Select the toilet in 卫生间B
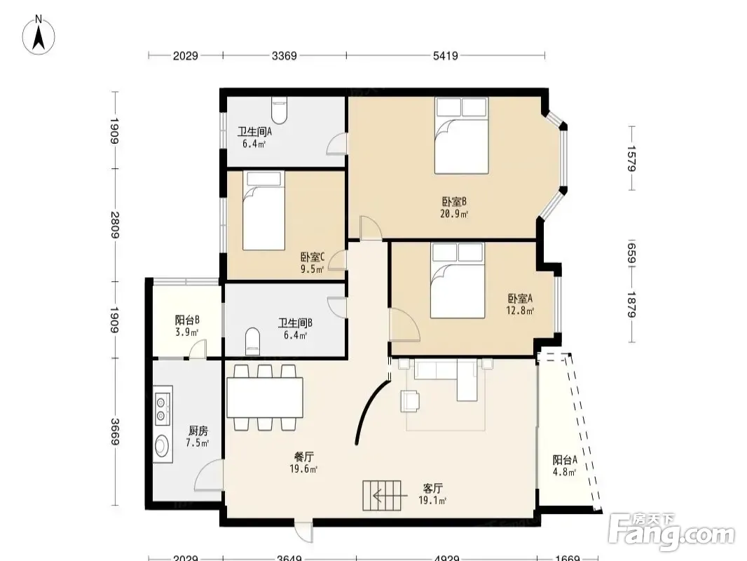pyautogui.click(x=252, y=342)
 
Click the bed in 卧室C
pyautogui.click(x=263, y=210)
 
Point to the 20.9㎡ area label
pyautogui.click(x=453, y=214)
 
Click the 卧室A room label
pyautogui.click(x=520, y=298)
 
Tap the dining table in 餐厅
pyautogui.click(x=265, y=398)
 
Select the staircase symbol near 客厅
pyautogui.click(x=382, y=496)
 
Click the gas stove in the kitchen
pyautogui.click(x=163, y=405)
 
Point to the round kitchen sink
pyautogui.click(x=162, y=446)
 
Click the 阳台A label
pyautogui.click(x=565, y=459)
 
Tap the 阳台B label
pyautogui.click(x=186, y=320)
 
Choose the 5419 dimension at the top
pyautogui.click(x=446, y=56)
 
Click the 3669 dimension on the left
pyautogui.click(x=115, y=431)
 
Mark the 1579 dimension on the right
pyautogui.click(x=631, y=158)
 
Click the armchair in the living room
pyautogui.click(x=410, y=400)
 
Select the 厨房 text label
pyautogui.click(x=198, y=431)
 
